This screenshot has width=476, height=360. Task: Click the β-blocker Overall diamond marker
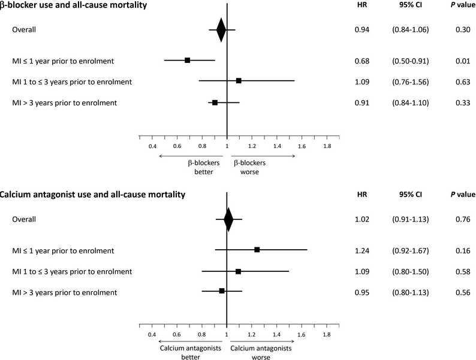(221, 29)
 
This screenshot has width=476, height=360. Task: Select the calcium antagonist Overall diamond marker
(228, 219)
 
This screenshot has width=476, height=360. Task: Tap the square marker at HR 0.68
(188, 60)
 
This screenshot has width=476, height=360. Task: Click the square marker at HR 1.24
(257, 250)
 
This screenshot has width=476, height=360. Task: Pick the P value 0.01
(462, 60)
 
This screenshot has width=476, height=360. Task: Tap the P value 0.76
(462, 219)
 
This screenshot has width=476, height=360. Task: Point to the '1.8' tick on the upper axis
(327, 146)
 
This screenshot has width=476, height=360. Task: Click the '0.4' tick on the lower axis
(152, 334)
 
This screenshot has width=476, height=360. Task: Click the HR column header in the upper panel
(362, 5)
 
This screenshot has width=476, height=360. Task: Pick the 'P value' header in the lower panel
(462, 195)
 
